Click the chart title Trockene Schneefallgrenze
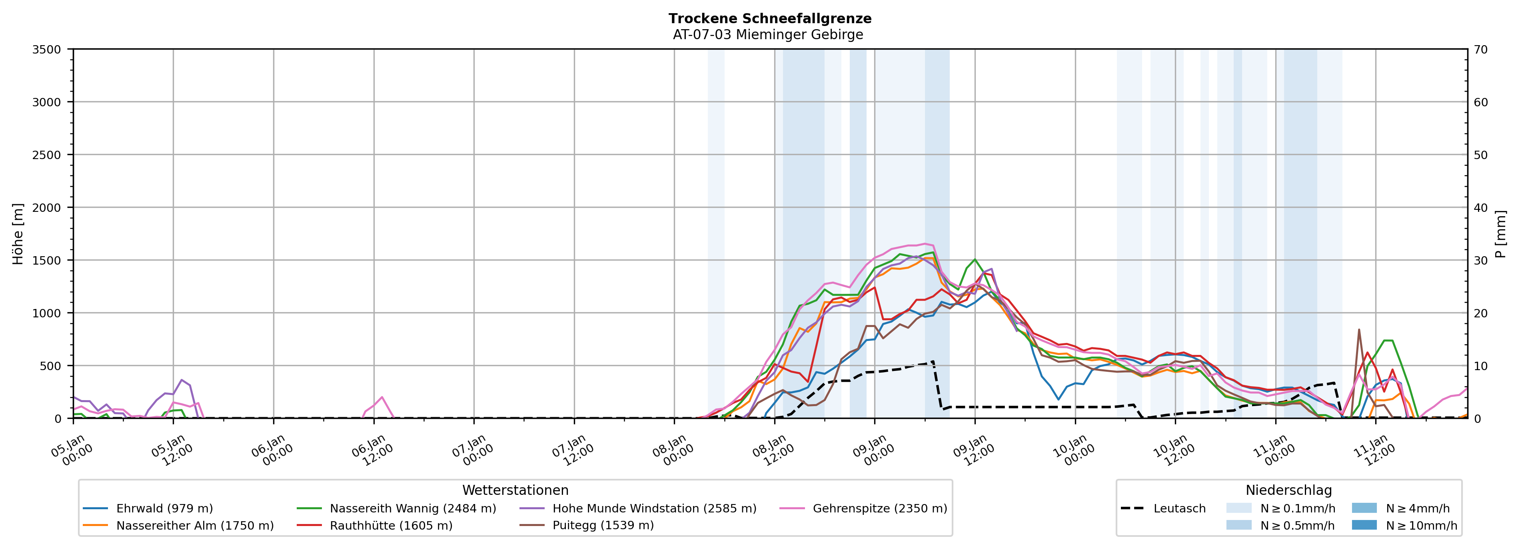click(x=769, y=18)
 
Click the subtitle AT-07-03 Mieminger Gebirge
click(x=768, y=35)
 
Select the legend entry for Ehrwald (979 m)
click(x=164, y=508)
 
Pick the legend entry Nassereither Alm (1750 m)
click(x=195, y=526)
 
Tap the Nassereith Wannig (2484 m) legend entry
click(x=412, y=508)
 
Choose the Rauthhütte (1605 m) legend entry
click(x=391, y=526)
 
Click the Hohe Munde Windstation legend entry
click(x=654, y=508)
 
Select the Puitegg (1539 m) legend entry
click(x=603, y=526)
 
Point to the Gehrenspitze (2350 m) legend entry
click(x=879, y=508)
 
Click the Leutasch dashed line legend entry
click(x=1179, y=508)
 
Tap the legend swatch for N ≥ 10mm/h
click(x=1364, y=525)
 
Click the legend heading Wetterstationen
click(x=515, y=490)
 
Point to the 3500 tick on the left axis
click(x=47, y=50)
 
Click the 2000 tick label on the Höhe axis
click(x=47, y=207)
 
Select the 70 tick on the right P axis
click(x=1480, y=50)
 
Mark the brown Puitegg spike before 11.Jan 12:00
click(x=1359, y=330)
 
